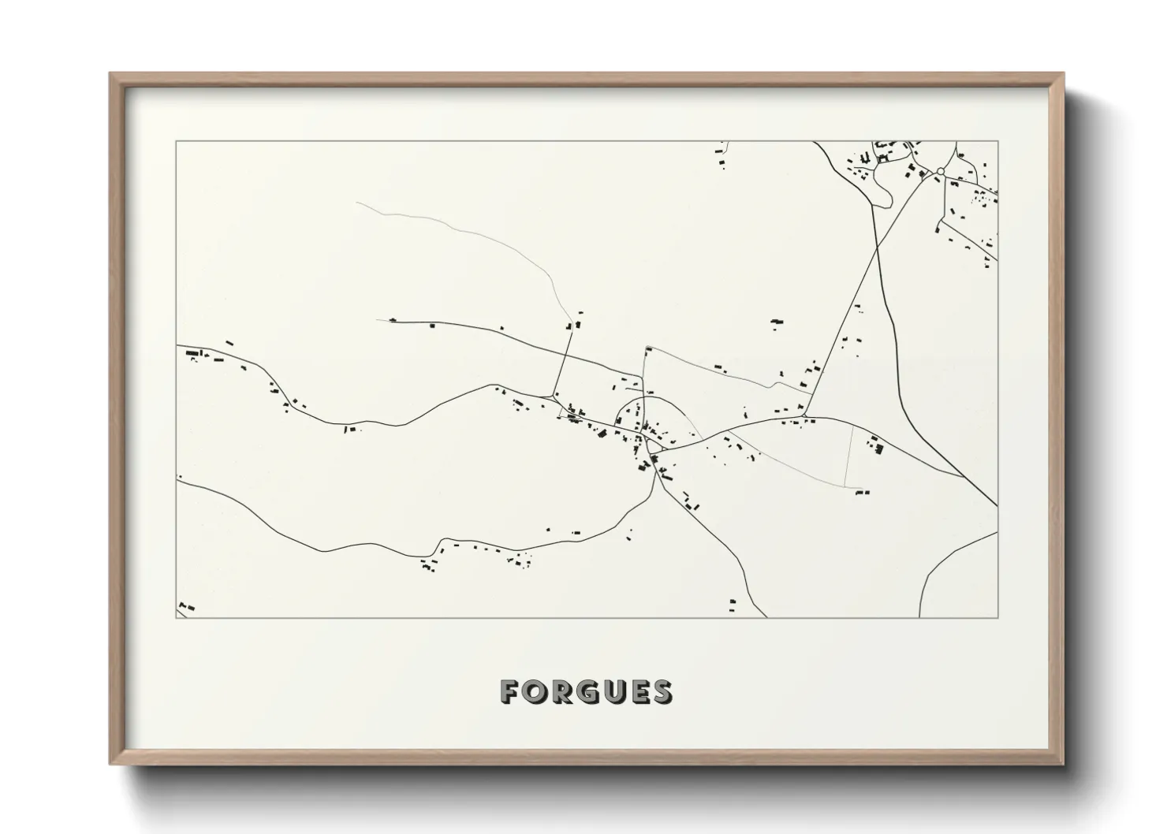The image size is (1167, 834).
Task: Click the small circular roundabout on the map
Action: point(940,171)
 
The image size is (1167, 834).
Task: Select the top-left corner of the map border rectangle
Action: point(176,142)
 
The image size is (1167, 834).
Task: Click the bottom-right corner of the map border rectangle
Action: point(997,617)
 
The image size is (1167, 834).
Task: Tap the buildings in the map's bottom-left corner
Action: point(186,606)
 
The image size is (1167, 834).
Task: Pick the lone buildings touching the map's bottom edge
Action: point(733,605)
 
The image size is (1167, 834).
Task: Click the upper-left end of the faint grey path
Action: point(357,203)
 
